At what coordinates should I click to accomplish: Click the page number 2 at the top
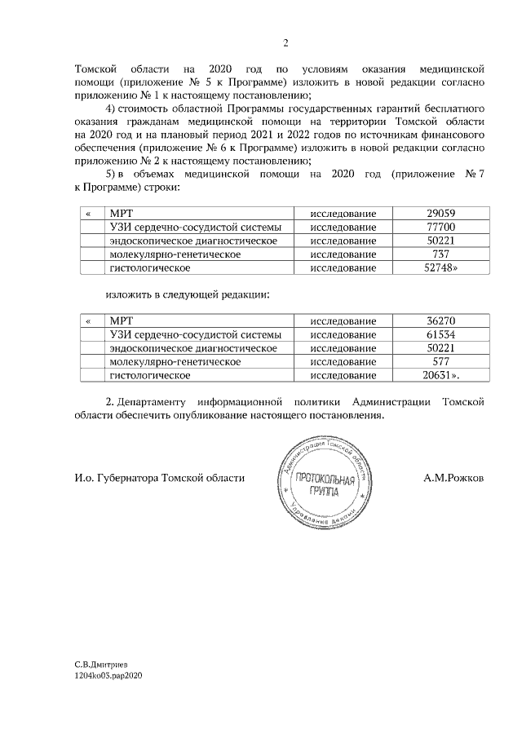285,43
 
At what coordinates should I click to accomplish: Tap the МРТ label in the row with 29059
121,214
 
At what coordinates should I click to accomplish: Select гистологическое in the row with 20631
150,375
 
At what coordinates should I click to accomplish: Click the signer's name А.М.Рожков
453,478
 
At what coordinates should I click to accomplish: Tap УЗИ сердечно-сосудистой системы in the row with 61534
196,334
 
